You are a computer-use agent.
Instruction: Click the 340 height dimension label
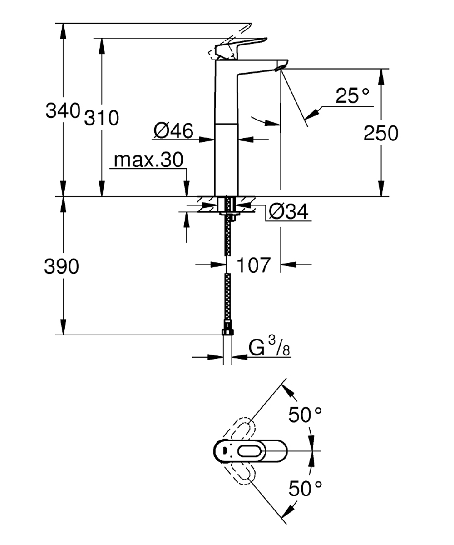tap(63, 110)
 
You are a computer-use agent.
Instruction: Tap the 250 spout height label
tap(381, 134)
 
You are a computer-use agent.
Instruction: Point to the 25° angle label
tap(352, 96)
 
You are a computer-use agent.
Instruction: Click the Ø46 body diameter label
tap(173, 131)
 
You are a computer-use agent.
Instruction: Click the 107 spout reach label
tap(254, 265)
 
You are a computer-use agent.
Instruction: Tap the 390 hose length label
tap(62, 267)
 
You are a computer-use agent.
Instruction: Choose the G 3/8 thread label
tap(269, 348)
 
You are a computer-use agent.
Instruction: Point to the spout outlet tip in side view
tap(279, 68)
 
